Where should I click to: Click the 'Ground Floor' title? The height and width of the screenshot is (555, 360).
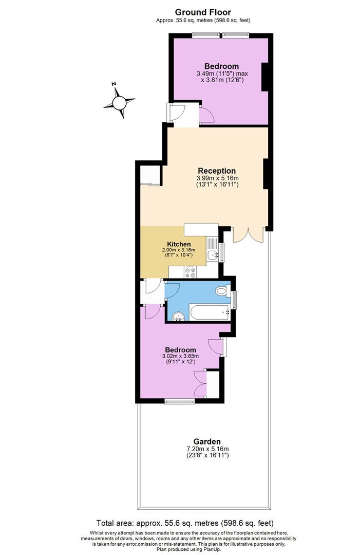pyautogui.click(x=203, y=12)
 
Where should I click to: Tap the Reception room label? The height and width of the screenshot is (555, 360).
pyautogui.click(x=217, y=171)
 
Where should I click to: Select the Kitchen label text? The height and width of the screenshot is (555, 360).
pyautogui.click(x=179, y=244)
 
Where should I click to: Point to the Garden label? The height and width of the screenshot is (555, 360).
pyautogui.click(x=207, y=441)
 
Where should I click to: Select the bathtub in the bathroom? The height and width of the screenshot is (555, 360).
pyautogui.click(x=211, y=311)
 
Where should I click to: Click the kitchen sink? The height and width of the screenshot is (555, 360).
pyautogui.click(x=212, y=254)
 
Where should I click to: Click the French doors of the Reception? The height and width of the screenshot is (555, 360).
pyautogui.click(x=249, y=234)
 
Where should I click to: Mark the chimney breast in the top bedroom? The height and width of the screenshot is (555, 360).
pyautogui.click(x=266, y=77)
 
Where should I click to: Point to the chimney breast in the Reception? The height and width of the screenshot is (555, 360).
pyautogui.click(x=266, y=174)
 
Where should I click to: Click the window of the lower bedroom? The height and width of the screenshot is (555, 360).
pyautogui.click(x=179, y=401)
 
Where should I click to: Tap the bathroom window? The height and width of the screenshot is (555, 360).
pyautogui.click(x=234, y=299)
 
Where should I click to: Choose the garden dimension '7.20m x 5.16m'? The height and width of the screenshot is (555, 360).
pyautogui.click(x=207, y=449)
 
